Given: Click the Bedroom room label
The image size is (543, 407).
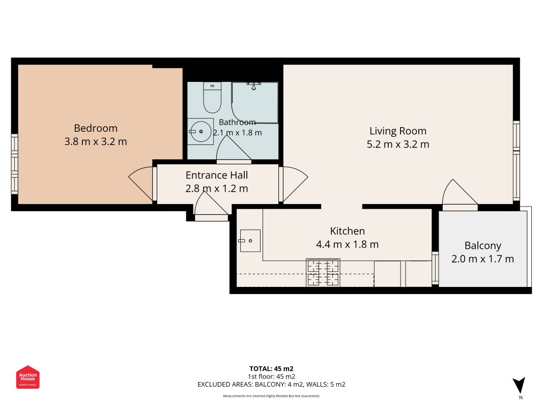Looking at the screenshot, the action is (96, 128).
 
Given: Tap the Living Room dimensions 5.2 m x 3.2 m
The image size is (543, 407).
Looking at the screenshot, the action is (398, 144).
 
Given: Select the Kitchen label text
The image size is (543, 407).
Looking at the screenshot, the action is (348, 231).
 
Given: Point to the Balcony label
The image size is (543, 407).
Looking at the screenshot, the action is (483, 246).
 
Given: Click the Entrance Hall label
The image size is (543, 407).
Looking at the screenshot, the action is (217, 175).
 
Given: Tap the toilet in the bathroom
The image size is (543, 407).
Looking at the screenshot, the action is (212, 98).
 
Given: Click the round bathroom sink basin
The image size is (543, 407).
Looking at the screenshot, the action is (201, 132).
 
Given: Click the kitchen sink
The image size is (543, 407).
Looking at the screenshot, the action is (249, 241).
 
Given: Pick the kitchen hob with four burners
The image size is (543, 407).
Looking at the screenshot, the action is (323, 273).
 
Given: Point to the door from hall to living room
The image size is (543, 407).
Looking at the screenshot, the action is (293, 184).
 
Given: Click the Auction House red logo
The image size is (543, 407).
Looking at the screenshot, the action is (27, 377).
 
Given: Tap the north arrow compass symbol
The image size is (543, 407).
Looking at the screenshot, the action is (519, 386).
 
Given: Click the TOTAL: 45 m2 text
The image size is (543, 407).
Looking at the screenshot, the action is (272, 369).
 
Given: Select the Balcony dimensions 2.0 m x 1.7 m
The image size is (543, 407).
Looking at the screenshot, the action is (483, 259).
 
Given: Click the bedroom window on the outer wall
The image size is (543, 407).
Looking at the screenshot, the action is (15, 164).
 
